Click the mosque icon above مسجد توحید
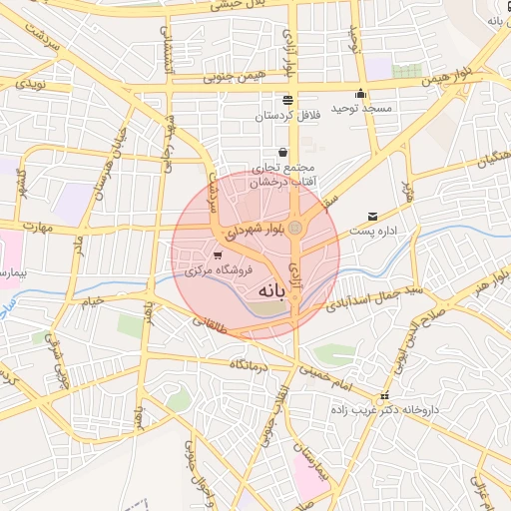[x=360, y=94]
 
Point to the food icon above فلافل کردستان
[x=287, y=101]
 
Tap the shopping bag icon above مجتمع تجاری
[x=283, y=153]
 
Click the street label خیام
[x=93, y=301]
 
